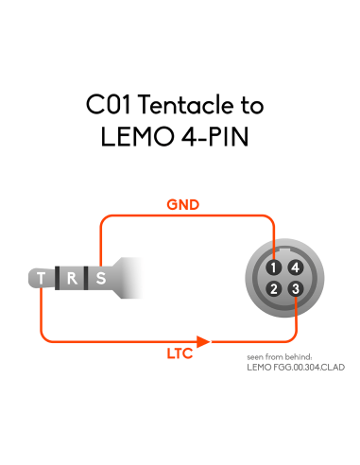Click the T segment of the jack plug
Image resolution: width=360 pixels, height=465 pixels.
click(42, 278)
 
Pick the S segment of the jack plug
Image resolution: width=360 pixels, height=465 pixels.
click(101, 278)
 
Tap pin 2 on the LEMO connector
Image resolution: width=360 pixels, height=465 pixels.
click(273, 289)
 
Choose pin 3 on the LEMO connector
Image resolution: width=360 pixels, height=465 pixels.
click(296, 289)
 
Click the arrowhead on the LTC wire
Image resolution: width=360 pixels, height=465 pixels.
click(203, 341)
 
